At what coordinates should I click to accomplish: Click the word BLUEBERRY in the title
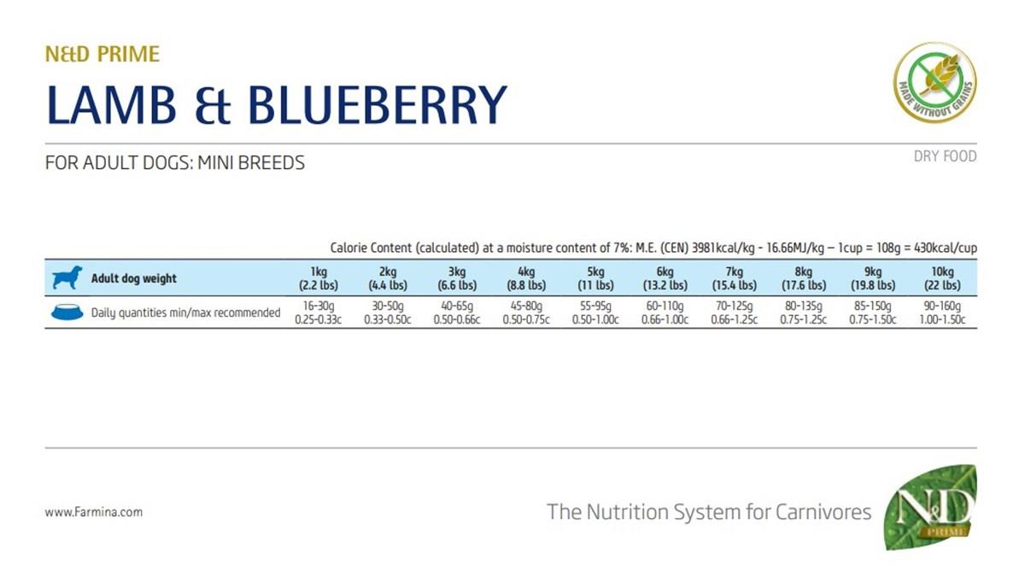377,105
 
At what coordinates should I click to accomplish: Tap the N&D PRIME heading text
102,55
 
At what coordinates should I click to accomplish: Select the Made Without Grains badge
934,83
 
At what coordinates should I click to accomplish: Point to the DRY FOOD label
945,156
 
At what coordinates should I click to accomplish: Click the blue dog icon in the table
67,278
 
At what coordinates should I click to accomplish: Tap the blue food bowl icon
67,313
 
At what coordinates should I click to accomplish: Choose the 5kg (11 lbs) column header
593,278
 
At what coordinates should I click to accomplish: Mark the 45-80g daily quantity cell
525,313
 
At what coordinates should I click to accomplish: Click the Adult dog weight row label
134,278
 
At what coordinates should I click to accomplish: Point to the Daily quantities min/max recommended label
185,313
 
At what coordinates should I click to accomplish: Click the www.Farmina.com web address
93,512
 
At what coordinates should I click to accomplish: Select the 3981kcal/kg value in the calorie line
704,248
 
